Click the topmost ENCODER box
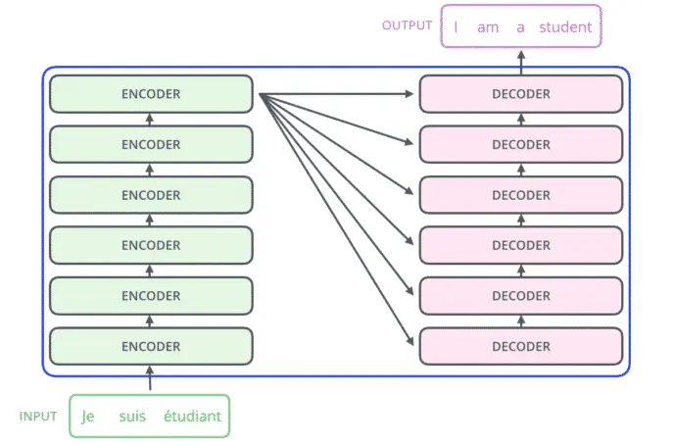coord(151,94)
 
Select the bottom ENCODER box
coord(151,346)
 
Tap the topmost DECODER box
coord(521,94)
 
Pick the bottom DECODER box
coord(521,346)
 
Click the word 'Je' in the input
coord(88,417)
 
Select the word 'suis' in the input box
coord(132,417)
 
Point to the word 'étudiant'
coord(192,416)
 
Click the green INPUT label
coord(38,417)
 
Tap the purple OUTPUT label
coord(407,25)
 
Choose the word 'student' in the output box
coord(565,27)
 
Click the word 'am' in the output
coord(488,27)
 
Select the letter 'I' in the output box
coord(456,27)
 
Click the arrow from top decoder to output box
coord(521,63)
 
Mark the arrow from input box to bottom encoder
coord(150,378)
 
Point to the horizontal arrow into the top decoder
coord(336,94)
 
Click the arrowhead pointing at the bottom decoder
coord(409,340)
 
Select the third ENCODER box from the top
coord(151,195)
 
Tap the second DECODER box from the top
coord(521,144)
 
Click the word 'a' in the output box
coord(520,27)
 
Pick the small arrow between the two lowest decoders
coord(521,321)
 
